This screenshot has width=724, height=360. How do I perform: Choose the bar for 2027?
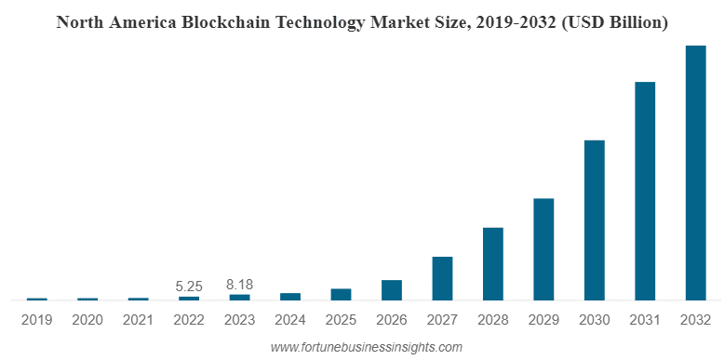point(442,278)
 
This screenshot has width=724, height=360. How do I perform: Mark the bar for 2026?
point(392,290)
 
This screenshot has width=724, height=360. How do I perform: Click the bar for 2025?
point(342,294)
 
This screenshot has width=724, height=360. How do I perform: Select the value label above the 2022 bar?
point(189,286)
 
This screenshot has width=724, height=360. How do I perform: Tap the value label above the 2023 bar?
point(240,284)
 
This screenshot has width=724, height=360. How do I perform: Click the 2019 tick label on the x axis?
point(37,319)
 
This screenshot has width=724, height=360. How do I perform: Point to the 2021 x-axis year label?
point(139,319)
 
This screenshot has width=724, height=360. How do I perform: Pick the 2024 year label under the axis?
point(290,319)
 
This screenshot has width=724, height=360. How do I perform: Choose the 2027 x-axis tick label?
point(442,319)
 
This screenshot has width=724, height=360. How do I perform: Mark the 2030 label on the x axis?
point(595,319)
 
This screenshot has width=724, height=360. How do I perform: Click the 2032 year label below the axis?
point(695,319)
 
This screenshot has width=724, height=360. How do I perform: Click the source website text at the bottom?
point(366,346)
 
